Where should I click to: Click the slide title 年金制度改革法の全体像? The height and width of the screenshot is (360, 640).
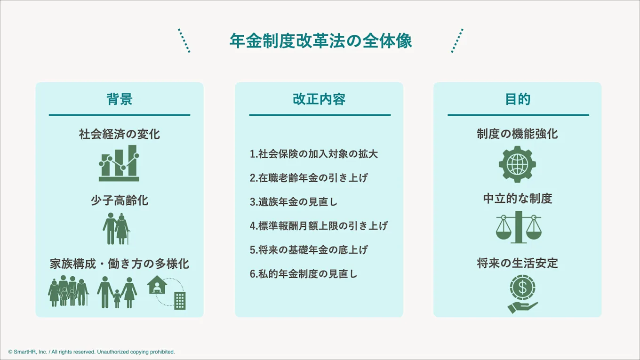coord(320,41)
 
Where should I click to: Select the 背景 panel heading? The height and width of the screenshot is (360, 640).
coord(120,99)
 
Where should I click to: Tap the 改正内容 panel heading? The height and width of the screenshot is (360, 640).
coord(319,99)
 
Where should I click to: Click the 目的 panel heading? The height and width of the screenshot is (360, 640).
coord(518,99)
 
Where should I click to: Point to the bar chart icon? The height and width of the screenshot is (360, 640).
coord(119,163)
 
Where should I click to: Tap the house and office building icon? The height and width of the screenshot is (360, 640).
coord(167,292)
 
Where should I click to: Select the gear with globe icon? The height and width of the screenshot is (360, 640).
coord(517,164)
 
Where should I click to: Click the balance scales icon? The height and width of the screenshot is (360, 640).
coord(518,227)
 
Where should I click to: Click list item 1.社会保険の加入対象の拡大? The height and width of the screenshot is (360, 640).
coord(314,154)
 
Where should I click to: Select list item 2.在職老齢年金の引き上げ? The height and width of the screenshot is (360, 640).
coord(309,178)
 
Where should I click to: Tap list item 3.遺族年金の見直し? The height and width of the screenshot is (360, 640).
coord(294,202)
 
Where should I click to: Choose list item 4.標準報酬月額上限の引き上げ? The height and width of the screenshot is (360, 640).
coord(319,226)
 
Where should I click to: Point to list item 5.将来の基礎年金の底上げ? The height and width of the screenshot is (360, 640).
coord(309,250)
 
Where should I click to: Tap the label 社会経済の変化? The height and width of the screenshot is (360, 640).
coord(120,134)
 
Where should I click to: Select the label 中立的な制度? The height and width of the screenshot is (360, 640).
coord(518,199)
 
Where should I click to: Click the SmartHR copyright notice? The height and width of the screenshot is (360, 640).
coord(92,352)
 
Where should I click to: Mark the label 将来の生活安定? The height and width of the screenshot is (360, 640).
coord(518,263)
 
